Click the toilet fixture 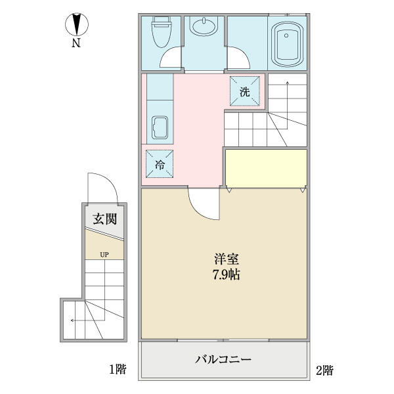click(162, 32)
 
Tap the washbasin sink click(204, 26)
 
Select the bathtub click(286, 45)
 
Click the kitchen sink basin click(160, 127)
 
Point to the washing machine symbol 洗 click(245, 91)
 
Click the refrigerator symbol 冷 click(160, 165)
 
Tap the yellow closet click(266, 168)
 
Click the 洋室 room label click(226, 259)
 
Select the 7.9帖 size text click(226, 274)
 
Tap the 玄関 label click(105, 219)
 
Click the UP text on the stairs click(104, 255)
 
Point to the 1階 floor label click(118, 369)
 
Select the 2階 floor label click(324, 370)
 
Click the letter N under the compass click(76, 43)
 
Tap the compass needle click(77, 24)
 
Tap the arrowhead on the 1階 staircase click(72, 320)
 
